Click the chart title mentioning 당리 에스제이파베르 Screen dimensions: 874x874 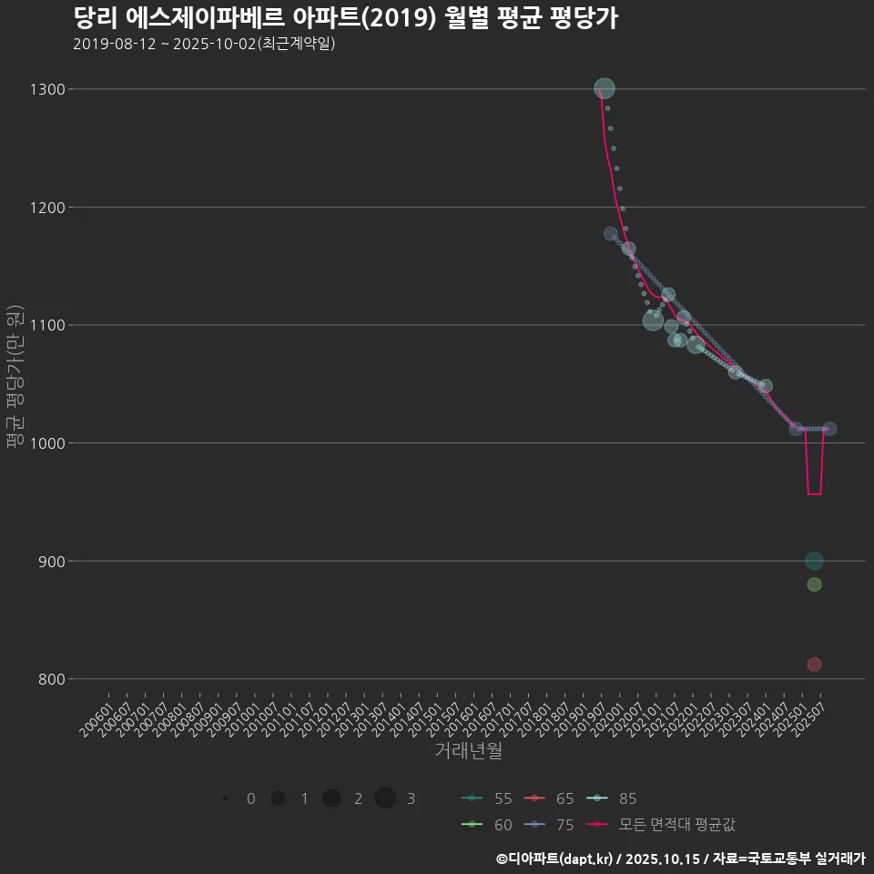pos(345,18)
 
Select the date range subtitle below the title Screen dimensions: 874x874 pos(204,44)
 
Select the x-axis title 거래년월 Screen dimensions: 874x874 pos(469,751)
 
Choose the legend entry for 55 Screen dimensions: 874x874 pos(487,798)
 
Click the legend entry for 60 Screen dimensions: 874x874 pos(487,825)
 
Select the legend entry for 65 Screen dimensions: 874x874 pos(550,798)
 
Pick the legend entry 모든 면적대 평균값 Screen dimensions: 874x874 pos(660,825)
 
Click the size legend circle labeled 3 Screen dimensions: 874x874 pos(385,798)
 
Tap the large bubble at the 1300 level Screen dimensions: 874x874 pos(605,88)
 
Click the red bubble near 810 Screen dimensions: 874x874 pos(814,665)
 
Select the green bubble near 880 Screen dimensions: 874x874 pos(814,584)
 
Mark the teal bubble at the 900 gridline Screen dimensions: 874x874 pos(814,561)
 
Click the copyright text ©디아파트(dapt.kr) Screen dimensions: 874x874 pos(555,859)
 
